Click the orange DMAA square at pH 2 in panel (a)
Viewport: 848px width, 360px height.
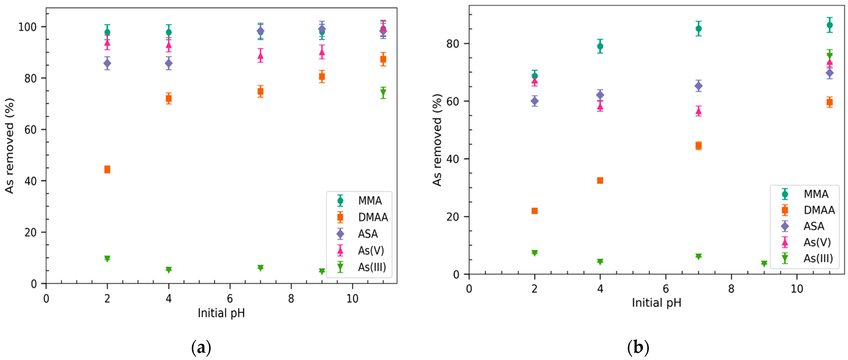click(x=107, y=169)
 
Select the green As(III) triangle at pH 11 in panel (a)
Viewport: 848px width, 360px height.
click(x=383, y=93)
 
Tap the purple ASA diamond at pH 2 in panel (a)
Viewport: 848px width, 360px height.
click(x=107, y=63)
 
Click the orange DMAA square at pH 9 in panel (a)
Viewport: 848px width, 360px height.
click(x=322, y=77)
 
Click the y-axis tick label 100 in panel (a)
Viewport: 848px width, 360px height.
click(x=27, y=27)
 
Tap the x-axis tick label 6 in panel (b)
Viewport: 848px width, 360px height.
click(x=666, y=289)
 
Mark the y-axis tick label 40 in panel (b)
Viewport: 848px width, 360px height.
click(x=453, y=159)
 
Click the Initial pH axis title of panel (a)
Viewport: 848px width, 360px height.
click(x=221, y=313)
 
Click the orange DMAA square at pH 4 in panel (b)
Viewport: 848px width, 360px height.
click(x=600, y=180)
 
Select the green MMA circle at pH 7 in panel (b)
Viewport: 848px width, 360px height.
click(x=698, y=29)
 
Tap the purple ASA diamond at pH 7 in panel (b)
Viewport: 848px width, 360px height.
click(x=698, y=86)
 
